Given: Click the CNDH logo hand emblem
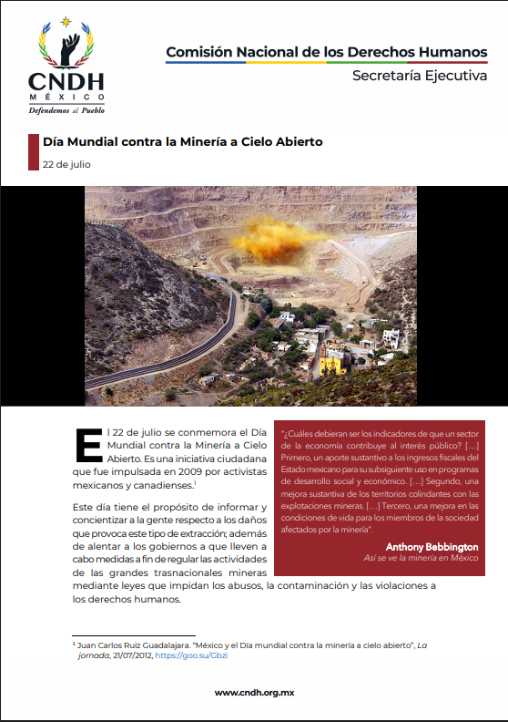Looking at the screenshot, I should point(66,46).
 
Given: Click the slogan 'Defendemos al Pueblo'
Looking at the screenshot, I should point(66,109).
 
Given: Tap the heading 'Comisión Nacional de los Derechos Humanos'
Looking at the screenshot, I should point(326,52).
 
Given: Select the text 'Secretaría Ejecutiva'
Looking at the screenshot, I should point(420,76).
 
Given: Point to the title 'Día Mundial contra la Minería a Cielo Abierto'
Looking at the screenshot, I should point(182,142).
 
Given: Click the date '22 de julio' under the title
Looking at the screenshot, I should point(66,164).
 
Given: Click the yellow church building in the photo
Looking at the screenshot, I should point(332,362).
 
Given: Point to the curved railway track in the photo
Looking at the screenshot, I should point(173,346).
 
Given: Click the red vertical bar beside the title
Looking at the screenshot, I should point(29,151).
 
